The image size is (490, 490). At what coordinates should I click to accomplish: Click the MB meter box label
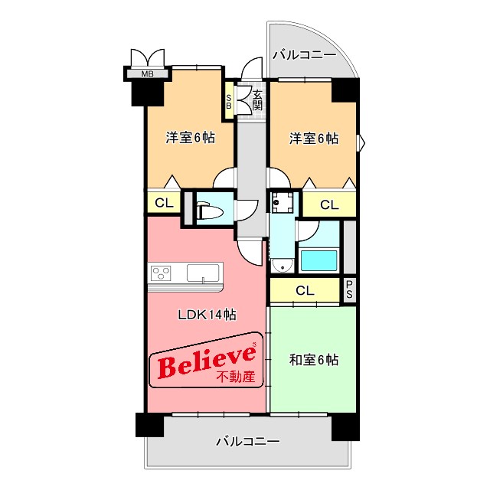click(147, 74)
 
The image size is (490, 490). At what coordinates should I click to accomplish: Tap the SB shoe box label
click(228, 102)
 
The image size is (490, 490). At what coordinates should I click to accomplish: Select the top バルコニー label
click(304, 55)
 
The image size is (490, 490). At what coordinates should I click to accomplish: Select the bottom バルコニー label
click(247, 442)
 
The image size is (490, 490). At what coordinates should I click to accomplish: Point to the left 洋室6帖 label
click(190, 139)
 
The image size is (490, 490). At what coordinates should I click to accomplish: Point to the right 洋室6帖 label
click(313, 139)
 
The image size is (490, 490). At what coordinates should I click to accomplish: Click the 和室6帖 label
click(314, 360)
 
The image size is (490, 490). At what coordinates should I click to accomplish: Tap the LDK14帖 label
click(207, 315)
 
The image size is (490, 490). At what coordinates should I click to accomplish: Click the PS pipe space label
click(350, 289)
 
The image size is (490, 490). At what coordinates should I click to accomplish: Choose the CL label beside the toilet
click(163, 203)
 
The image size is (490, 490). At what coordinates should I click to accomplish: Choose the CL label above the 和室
click(304, 290)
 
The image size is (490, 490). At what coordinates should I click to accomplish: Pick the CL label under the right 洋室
click(328, 204)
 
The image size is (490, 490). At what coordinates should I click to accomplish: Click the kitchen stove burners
click(162, 273)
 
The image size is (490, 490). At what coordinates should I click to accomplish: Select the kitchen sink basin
click(204, 272)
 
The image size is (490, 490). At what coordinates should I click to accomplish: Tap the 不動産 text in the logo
click(237, 377)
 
